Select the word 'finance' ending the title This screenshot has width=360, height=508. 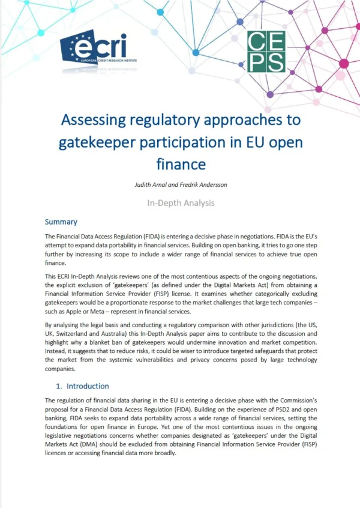(x=179, y=163)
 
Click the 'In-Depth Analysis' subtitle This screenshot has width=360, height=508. (x=180, y=202)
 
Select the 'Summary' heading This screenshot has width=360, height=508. (x=61, y=222)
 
